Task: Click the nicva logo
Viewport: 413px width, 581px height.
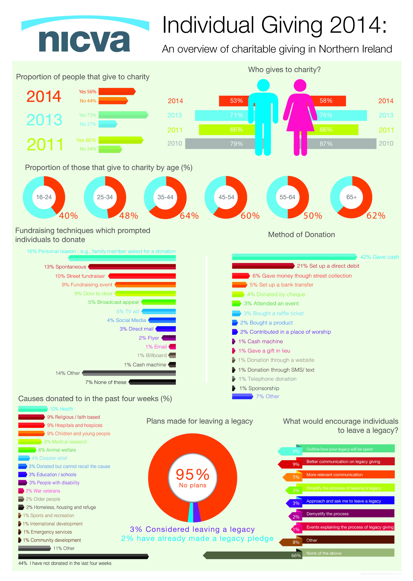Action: [x=85, y=36]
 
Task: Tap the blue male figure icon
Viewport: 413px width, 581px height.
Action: [x=263, y=117]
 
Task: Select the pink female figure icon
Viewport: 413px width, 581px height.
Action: [x=300, y=117]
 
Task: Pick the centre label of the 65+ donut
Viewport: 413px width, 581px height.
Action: [x=351, y=197]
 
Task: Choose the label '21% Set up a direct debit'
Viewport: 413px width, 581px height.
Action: [x=328, y=266]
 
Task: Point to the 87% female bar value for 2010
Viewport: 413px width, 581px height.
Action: [x=326, y=144]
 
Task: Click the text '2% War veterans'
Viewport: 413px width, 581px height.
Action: [x=43, y=491]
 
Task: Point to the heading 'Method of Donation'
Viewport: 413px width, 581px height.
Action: [x=301, y=235]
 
